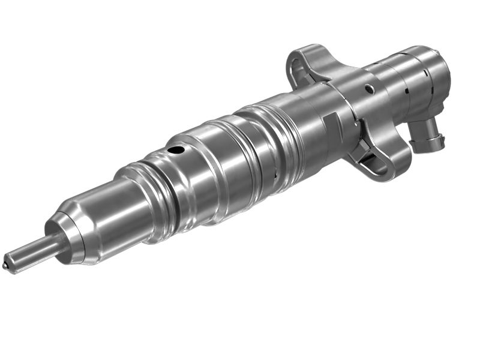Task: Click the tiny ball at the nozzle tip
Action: point(7,263)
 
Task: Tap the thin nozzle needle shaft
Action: point(30,251)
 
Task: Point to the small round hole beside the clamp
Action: point(370,89)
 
